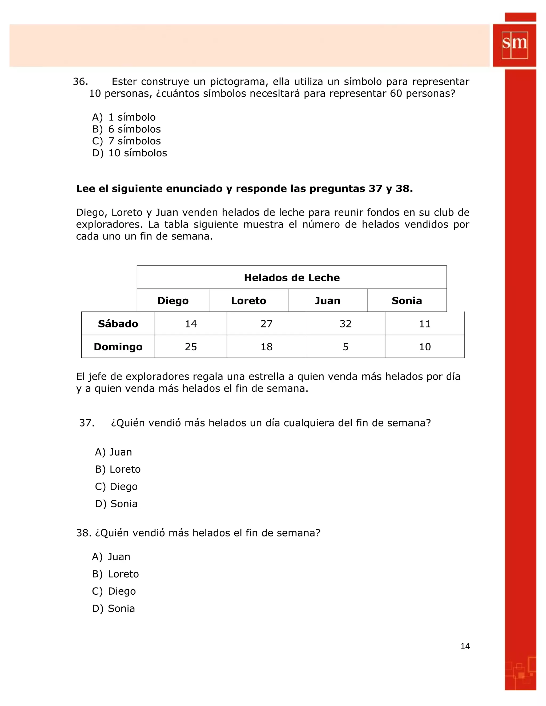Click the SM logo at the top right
tap(514, 45)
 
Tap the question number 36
tap(80, 82)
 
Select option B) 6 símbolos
tap(126, 129)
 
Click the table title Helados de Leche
tap(291, 277)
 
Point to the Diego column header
tap(173, 301)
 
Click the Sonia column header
tap(407, 301)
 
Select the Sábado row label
tap(118, 324)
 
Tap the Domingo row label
tap(118, 347)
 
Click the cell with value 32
tap(345, 324)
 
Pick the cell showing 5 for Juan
tap(345, 347)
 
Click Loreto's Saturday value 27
tap(266, 324)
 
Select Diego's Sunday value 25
tap(191, 347)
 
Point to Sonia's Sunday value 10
tap(424, 347)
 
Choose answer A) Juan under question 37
tap(114, 452)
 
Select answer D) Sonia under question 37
tap(117, 504)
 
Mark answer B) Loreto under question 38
tap(115, 574)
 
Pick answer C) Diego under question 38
tap(114, 591)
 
